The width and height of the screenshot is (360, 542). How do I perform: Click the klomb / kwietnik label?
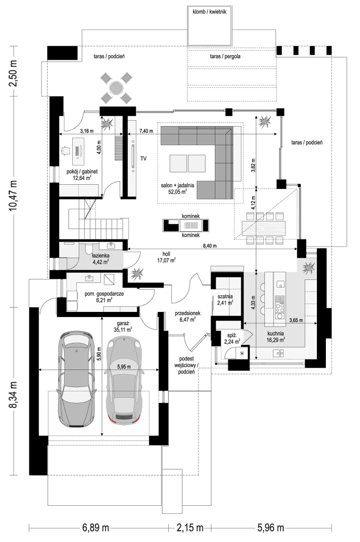[x=209, y=12]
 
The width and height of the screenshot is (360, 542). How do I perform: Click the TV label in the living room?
[x=143, y=159]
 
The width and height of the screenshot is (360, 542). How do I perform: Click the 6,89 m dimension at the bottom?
[x=96, y=528]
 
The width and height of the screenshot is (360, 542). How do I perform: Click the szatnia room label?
[x=224, y=296]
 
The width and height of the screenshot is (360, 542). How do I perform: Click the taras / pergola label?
[x=225, y=57]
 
